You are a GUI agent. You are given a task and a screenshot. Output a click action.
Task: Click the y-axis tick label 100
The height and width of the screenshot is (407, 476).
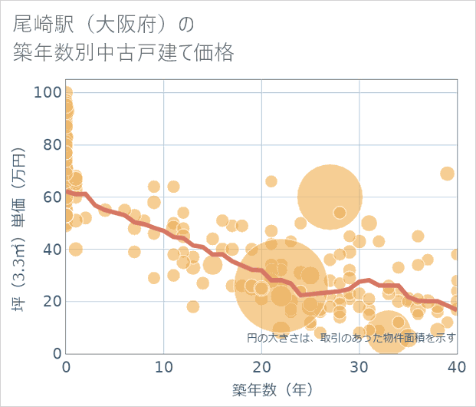coord(48,92)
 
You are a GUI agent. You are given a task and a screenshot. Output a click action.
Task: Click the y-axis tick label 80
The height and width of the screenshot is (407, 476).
coord(51,144)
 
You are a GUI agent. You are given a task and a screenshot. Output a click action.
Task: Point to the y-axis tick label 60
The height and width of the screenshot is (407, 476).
coord(51,197)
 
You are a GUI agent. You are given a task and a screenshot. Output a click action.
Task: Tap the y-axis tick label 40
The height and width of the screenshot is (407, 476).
coord(51,249)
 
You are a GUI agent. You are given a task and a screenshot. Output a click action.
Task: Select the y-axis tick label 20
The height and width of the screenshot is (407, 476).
coord(51,301)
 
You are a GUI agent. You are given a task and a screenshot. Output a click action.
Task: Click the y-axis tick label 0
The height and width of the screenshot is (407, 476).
coord(56,353)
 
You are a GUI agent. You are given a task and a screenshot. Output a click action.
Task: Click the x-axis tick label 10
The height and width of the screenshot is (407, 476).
coord(164,367)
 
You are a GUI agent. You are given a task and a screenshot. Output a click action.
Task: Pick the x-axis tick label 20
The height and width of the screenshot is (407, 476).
coord(261,367)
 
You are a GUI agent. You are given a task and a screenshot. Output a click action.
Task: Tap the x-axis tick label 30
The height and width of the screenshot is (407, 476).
coord(359,367)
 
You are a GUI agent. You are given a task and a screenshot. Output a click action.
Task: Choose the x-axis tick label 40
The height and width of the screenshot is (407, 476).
coord(456,367)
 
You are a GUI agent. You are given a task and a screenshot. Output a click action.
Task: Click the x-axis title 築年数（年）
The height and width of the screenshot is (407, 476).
coord(261,389)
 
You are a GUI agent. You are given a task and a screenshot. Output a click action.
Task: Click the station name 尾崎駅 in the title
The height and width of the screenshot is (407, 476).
coord(42,25)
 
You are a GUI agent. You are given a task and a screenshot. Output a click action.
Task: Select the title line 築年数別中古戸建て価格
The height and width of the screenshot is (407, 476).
coord(123,53)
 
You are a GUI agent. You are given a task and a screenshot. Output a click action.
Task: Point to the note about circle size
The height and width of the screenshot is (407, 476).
coord(351,337)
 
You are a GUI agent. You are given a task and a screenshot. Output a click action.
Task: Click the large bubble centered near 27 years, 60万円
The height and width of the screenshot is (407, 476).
coord(330,197)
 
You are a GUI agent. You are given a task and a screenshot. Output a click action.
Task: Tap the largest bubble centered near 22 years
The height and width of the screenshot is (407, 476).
coord(281,289)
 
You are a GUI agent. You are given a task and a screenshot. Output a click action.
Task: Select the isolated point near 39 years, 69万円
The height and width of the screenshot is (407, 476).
coord(447,174)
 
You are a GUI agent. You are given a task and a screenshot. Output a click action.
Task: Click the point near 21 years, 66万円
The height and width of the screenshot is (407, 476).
coord(271,181)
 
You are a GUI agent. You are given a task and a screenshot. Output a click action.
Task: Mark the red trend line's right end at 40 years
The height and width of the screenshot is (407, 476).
coord(456,309)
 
